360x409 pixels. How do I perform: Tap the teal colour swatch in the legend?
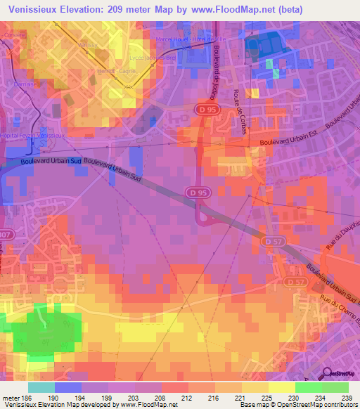41,387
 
